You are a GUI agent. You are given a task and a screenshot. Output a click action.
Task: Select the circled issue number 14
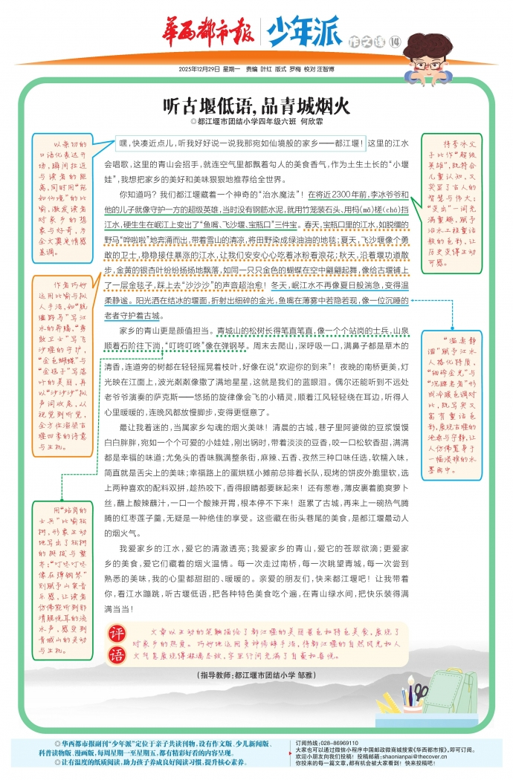coord(395,40)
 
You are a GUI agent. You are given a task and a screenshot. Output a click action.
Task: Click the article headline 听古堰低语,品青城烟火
coord(256,105)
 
